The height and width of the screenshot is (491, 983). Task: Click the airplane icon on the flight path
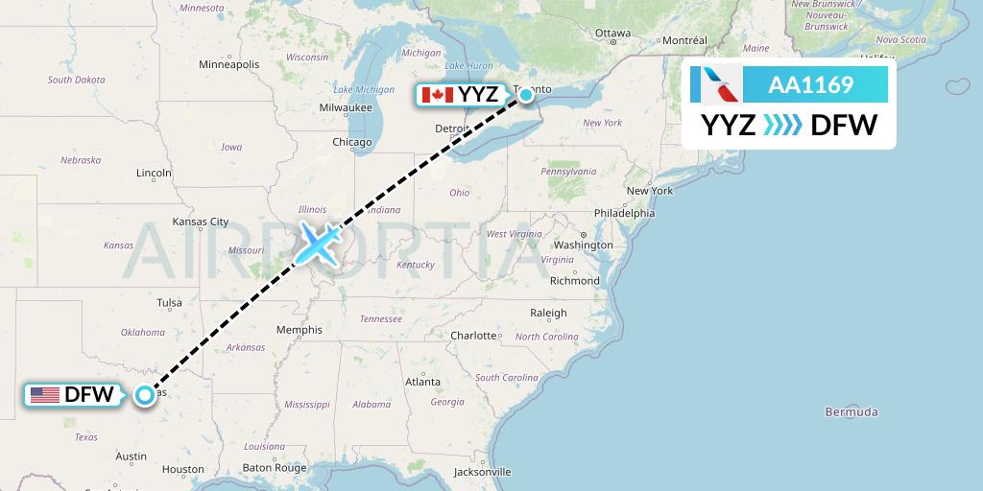tap(317, 244)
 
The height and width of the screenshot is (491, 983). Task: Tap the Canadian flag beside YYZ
tap(438, 94)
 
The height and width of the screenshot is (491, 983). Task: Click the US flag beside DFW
tap(45, 395)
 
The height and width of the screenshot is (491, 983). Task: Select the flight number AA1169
tap(811, 85)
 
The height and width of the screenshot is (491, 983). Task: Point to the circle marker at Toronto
tap(526, 94)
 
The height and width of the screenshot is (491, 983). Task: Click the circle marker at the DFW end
tap(144, 395)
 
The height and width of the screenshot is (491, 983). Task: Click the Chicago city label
tap(351, 142)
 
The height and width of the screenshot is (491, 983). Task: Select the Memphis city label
tap(299, 330)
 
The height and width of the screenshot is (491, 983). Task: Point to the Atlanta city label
tap(423, 382)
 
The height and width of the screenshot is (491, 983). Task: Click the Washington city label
tap(583, 245)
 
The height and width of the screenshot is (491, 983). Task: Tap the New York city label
tap(650, 191)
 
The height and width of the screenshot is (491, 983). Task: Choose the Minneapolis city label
tap(228, 64)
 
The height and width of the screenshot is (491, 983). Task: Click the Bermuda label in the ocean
tap(852, 412)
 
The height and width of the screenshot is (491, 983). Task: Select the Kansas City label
tap(200, 222)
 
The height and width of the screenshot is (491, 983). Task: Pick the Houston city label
tap(182, 469)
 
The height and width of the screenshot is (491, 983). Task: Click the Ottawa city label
tap(613, 33)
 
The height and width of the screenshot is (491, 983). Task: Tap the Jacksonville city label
tap(483, 472)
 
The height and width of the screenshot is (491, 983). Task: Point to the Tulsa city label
tap(169, 303)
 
